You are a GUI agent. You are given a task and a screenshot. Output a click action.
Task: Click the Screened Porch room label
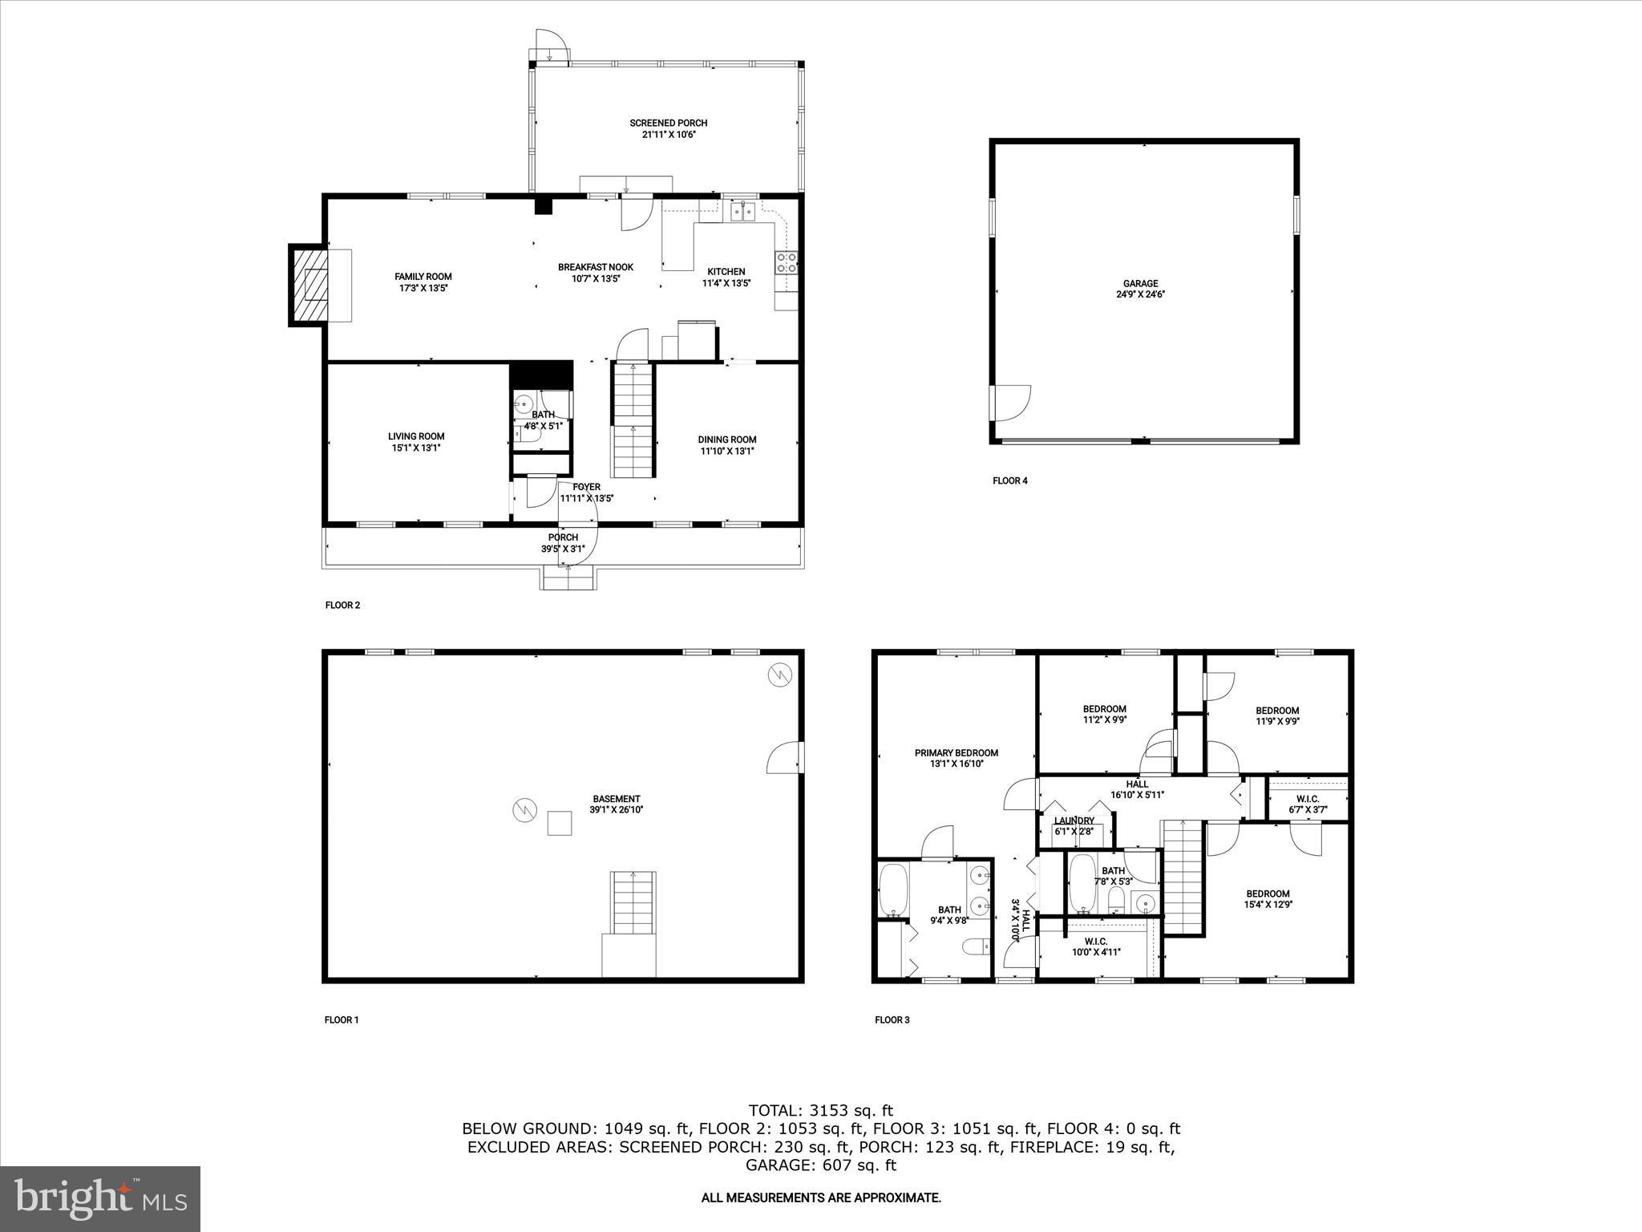click(668, 123)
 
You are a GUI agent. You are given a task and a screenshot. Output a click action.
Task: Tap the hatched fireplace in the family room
click(309, 285)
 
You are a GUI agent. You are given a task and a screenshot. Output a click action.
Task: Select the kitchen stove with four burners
click(786, 262)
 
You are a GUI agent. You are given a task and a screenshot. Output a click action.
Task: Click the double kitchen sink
click(743, 211)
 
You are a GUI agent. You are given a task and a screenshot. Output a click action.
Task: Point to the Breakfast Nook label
click(596, 267)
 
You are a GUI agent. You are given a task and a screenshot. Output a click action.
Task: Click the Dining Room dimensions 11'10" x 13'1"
click(726, 451)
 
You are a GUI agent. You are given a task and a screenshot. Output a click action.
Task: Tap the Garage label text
click(1140, 283)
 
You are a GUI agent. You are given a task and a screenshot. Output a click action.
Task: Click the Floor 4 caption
click(1009, 481)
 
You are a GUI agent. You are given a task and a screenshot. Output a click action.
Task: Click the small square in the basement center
click(559, 823)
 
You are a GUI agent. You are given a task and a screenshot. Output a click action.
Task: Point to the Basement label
click(616, 799)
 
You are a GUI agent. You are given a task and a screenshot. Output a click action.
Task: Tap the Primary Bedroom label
click(956, 752)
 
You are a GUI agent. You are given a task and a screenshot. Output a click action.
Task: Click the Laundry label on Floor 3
click(1074, 821)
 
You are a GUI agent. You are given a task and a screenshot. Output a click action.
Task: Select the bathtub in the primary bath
click(893, 891)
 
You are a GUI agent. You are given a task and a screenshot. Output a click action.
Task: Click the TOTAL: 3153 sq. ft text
click(820, 1110)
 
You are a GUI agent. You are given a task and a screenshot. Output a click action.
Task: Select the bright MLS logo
click(100, 1199)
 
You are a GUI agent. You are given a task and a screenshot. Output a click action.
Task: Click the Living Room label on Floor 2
click(416, 437)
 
